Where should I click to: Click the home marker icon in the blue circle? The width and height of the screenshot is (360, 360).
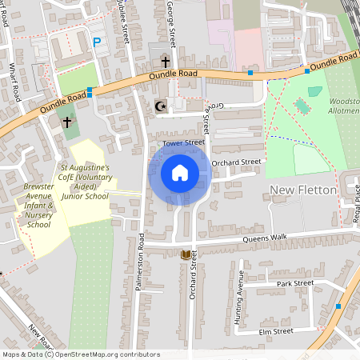pos(180,173)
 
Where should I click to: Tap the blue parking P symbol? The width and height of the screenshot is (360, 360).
pos(97,42)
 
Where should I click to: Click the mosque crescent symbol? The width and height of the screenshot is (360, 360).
pos(158,106)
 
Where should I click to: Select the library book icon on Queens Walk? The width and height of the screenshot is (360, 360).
pos(186,254)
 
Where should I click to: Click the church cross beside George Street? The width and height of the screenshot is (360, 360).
pos(166,62)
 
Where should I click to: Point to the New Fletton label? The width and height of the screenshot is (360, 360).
pos(302,189)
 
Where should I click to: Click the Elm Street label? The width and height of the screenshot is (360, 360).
pos(276,330)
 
